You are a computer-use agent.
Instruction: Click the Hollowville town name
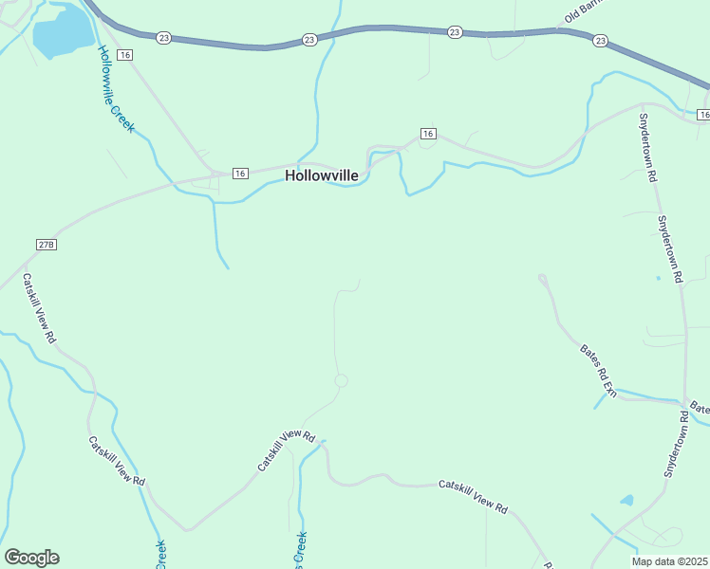(x=322, y=175)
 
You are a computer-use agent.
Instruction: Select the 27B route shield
(x=47, y=245)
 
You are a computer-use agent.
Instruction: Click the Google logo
(x=31, y=558)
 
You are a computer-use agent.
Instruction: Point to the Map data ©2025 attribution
(x=670, y=561)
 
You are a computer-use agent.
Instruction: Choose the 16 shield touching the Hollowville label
(x=239, y=174)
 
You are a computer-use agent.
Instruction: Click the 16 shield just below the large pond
(x=124, y=56)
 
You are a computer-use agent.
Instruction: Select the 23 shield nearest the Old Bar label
(x=600, y=41)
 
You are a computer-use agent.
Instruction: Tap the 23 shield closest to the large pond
(x=164, y=38)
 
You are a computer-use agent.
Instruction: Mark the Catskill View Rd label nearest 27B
(x=40, y=309)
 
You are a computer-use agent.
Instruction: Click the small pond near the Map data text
(x=626, y=500)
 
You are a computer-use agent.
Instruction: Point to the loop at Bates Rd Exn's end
(x=543, y=279)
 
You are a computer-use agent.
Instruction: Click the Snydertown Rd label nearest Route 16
(x=648, y=148)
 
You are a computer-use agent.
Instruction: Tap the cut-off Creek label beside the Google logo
(x=160, y=555)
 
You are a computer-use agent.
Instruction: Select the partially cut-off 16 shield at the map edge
(x=703, y=115)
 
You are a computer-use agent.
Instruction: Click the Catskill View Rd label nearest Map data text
(x=474, y=496)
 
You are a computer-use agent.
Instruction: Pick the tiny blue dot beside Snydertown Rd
(x=658, y=278)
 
